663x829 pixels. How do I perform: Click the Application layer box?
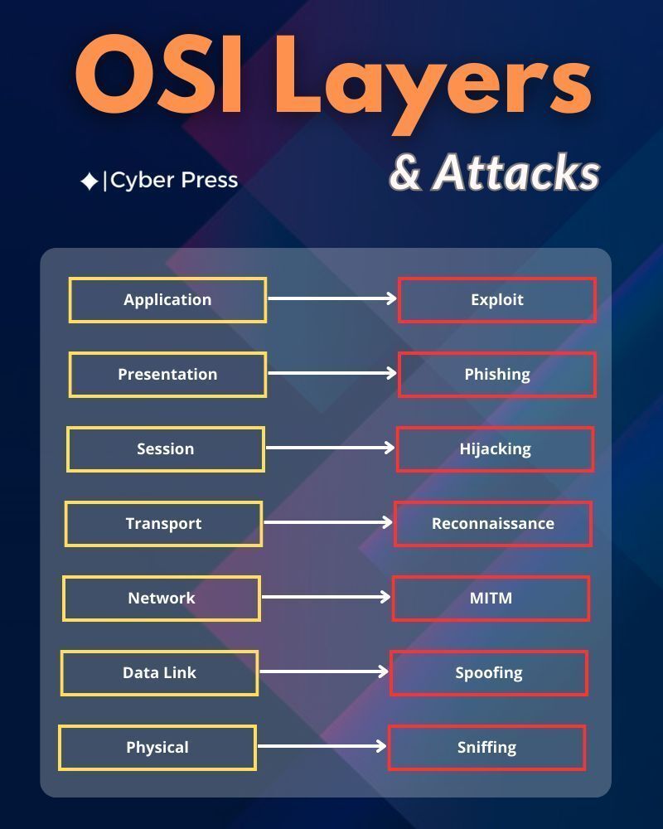click(167, 300)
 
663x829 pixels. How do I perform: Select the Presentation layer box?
click(167, 375)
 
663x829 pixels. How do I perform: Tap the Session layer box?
click(166, 449)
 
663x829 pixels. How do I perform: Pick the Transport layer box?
click(163, 524)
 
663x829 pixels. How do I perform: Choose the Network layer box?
click(162, 599)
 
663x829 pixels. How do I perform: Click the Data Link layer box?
click(159, 673)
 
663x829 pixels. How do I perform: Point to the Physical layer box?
click(157, 748)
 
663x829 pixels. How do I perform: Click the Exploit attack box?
click(497, 300)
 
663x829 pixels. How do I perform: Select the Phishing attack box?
click(497, 375)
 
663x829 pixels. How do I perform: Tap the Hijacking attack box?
click(495, 449)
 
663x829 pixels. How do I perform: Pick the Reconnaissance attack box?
click(493, 524)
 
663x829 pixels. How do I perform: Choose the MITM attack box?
click(491, 599)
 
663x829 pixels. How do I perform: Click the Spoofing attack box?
click(489, 673)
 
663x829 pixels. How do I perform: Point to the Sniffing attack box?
click(486, 748)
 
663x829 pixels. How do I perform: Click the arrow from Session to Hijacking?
click(330, 448)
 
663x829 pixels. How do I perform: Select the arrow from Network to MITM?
click(326, 597)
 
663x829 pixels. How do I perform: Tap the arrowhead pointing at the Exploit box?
click(391, 298)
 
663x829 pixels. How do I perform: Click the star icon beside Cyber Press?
click(89, 182)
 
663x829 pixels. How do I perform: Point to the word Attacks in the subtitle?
click(515, 172)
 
